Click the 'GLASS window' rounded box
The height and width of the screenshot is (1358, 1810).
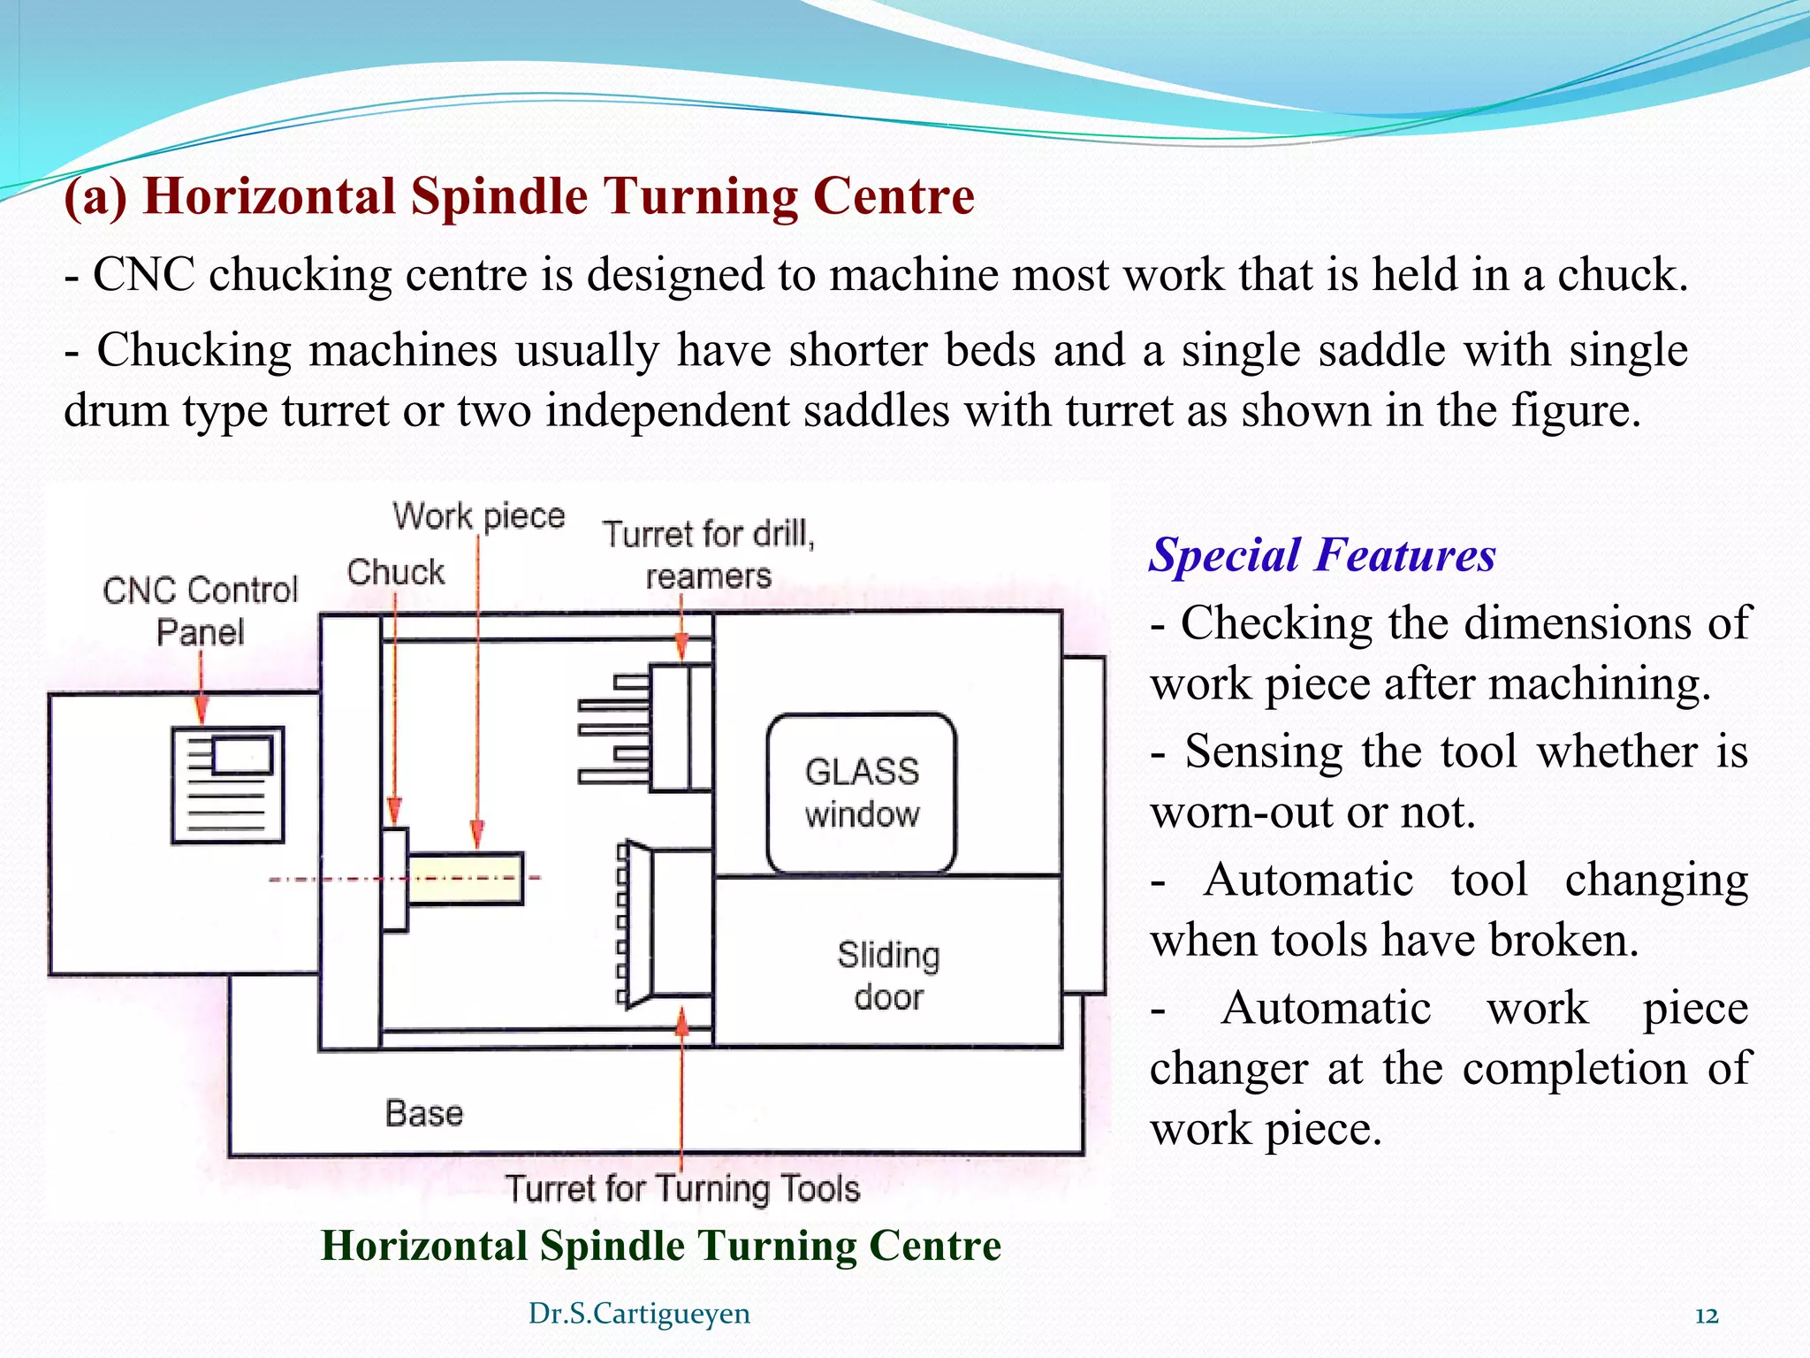click(x=862, y=793)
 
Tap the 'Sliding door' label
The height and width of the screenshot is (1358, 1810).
click(x=888, y=975)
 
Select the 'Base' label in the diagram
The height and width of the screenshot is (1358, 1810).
click(x=424, y=1113)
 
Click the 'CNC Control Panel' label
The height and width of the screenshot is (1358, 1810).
click(x=201, y=611)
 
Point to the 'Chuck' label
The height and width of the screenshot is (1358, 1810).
click(x=395, y=572)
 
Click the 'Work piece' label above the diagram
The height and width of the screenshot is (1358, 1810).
click(x=478, y=515)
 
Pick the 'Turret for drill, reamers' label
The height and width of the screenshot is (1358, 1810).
click(x=709, y=554)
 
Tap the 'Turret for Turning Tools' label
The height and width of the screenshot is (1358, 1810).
click(x=682, y=1188)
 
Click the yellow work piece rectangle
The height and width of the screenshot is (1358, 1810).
click(x=466, y=878)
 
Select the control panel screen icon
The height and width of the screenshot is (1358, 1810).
click(x=228, y=784)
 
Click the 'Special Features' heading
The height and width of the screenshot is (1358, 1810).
click(x=1322, y=555)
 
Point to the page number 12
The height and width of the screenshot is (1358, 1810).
click(x=1707, y=1316)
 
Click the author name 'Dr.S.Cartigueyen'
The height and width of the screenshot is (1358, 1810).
click(x=639, y=1314)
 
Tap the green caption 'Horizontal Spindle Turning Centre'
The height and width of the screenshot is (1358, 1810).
click(x=661, y=1246)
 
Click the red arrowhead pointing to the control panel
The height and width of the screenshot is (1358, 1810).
click(x=202, y=711)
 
